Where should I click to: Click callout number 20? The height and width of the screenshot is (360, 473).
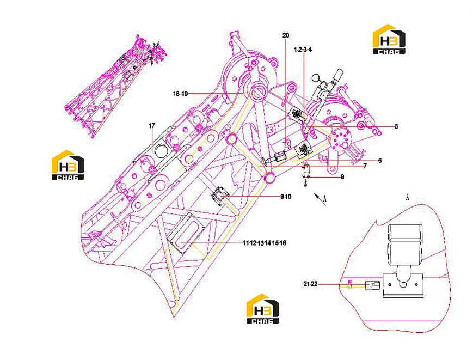tap(286, 35)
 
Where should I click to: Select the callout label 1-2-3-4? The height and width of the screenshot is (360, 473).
tap(303, 50)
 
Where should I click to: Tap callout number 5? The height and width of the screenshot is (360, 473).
tap(396, 126)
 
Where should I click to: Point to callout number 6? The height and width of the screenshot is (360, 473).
tap(380, 161)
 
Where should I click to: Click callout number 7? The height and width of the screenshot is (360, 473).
tap(365, 166)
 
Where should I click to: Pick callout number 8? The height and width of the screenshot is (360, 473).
tap(342, 177)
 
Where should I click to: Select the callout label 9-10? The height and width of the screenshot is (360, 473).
tap(286, 197)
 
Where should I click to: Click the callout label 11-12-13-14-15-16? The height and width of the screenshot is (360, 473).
tap(265, 243)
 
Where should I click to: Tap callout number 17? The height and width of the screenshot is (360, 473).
tap(151, 125)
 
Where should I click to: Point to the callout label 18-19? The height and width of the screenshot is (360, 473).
tap(180, 94)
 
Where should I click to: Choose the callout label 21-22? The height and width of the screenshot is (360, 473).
tap(310, 284)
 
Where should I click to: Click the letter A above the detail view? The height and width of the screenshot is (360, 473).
tap(407, 198)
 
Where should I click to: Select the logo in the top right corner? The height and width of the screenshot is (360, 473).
tap(389, 40)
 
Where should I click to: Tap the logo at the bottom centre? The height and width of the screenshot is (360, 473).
tap(263, 309)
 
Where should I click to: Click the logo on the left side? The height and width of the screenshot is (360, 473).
tap(68, 165)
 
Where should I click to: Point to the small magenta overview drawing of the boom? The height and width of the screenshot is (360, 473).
tap(116, 86)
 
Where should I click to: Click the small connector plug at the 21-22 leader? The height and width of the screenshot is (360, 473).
tap(372, 285)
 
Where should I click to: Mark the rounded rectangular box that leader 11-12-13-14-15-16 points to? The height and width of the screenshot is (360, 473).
tap(186, 233)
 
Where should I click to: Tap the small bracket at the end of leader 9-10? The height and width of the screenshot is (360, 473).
tap(220, 196)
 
